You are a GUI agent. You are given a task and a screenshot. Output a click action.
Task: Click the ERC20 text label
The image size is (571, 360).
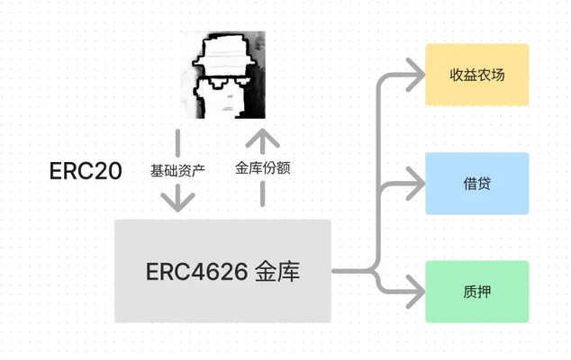pyautogui.click(x=86, y=171)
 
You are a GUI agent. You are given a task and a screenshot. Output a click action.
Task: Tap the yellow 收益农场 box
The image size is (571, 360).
pyautogui.click(x=477, y=75)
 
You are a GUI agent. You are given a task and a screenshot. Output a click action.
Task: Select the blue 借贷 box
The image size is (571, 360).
pyautogui.click(x=477, y=184)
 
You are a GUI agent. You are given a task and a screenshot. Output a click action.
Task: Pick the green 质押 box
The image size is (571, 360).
pyautogui.click(x=477, y=292)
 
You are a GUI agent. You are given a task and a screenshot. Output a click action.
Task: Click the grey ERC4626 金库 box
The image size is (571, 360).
pyautogui.click(x=222, y=271)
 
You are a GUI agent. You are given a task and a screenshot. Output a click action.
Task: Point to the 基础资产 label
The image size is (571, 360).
pyautogui.click(x=177, y=170)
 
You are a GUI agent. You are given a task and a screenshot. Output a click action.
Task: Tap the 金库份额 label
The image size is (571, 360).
pyautogui.click(x=263, y=167)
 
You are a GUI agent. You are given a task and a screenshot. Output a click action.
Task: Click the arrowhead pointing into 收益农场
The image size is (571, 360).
pyautogui.click(x=416, y=75)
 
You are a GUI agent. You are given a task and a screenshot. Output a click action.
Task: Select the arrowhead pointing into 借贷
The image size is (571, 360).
pyautogui.click(x=416, y=184)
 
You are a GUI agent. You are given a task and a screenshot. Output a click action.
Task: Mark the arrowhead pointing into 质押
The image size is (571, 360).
pyautogui.click(x=416, y=292)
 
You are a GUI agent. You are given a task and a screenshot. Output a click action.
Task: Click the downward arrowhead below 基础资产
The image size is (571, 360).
pyautogui.click(x=177, y=202)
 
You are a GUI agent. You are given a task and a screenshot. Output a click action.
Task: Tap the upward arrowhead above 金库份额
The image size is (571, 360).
pyautogui.click(x=263, y=138)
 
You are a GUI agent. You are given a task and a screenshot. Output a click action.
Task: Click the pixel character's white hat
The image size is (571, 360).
pyautogui.click(x=224, y=51)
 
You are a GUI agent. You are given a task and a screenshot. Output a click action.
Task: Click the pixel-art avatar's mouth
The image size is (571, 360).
pyautogui.click(x=228, y=109)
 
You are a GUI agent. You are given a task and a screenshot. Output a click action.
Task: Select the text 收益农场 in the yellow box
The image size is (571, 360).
pyautogui.click(x=477, y=75)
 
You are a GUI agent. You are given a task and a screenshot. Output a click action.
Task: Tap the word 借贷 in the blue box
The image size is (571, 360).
pyautogui.click(x=477, y=184)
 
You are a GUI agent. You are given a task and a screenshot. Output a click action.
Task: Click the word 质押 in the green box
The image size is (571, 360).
pyautogui.click(x=477, y=292)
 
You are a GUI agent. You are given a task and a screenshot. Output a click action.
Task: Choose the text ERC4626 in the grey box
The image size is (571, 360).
pyautogui.click(x=196, y=272)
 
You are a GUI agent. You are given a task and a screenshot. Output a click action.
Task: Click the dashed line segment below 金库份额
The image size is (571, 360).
pyautogui.click(x=263, y=194)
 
